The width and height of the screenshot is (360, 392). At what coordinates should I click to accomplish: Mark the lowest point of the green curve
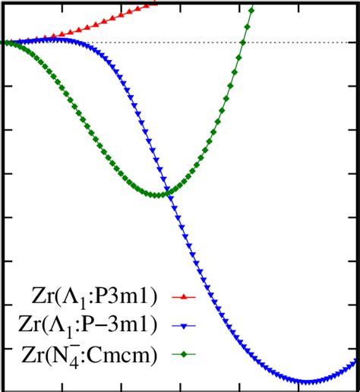click(157, 195)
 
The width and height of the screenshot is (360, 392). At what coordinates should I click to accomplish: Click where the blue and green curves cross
click(169, 193)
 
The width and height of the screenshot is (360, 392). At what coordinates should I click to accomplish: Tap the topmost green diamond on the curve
click(251, 10)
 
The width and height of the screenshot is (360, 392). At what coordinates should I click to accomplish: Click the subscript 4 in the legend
click(58, 359)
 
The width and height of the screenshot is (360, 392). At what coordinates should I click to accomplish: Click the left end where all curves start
click(5, 42)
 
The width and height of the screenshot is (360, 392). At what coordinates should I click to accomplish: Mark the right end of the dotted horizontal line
click(357, 42)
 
